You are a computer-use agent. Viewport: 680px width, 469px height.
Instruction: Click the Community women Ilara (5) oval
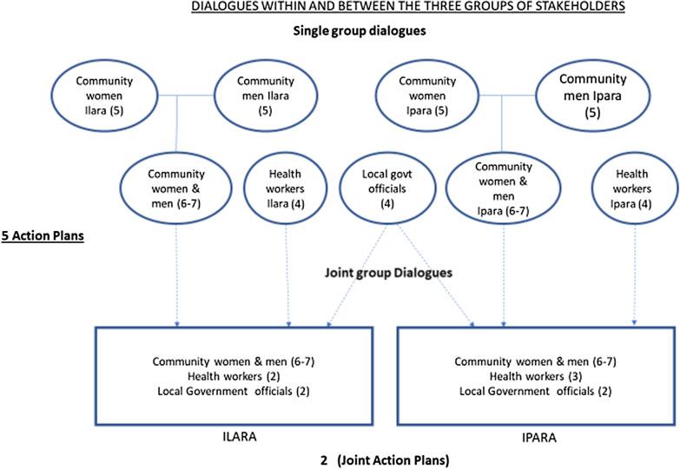tap(103, 89)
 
